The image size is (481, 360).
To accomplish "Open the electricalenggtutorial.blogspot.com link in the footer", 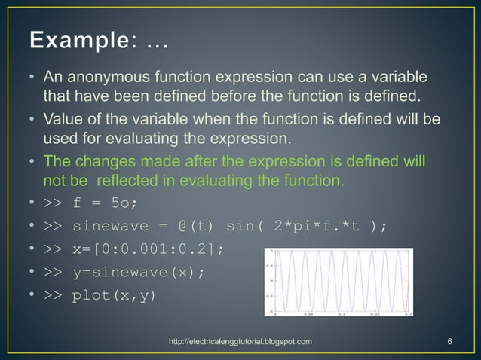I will [240, 342].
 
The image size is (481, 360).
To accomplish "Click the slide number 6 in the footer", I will [449, 342].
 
